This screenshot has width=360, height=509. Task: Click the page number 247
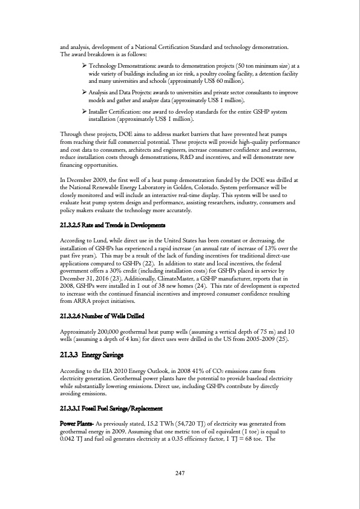pyautogui.click(x=180, y=473)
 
